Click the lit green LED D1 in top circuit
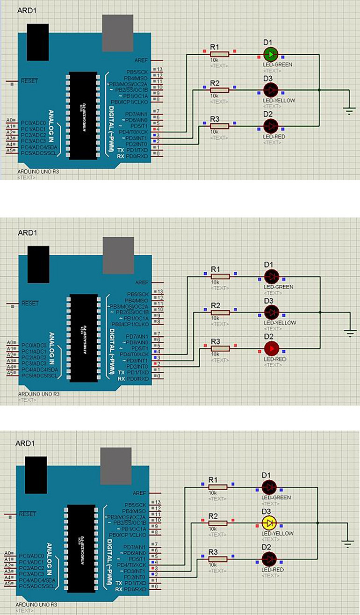(271, 54)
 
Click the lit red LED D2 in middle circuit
(271, 348)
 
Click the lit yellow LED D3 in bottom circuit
(268, 522)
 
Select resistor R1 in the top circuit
(220, 54)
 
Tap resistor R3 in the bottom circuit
(218, 559)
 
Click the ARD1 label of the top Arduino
(27, 10)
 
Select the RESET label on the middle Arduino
(29, 303)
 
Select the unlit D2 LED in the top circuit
(271, 125)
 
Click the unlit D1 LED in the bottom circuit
(268, 486)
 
